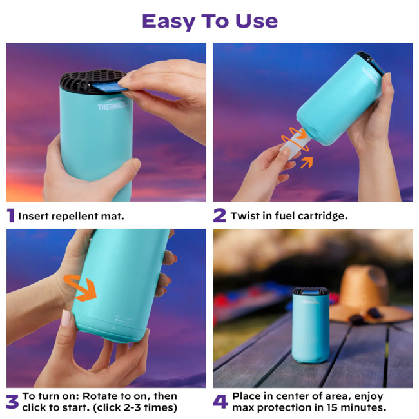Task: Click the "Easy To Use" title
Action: (x=209, y=21)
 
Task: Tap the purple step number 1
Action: (x=10, y=216)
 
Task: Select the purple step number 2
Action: (x=219, y=216)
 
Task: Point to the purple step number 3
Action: (x=12, y=402)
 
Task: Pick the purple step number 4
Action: (x=220, y=402)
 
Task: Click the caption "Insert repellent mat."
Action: (x=71, y=216)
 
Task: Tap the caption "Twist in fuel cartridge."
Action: (x=289, y=216)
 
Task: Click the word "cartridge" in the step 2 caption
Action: (x=323, y=216)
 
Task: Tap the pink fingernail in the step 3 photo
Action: (x=66, y=318)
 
